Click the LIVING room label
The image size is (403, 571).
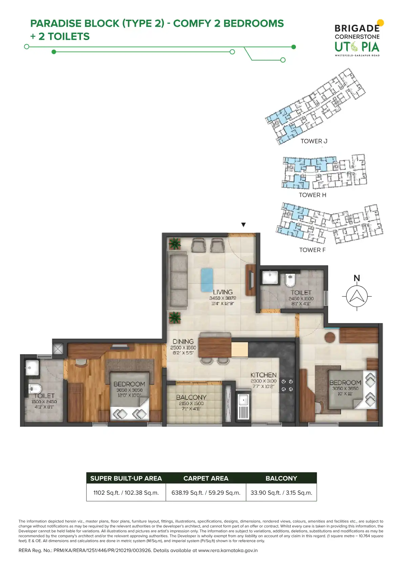tap(222, 292)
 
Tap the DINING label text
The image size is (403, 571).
tap(183, 341)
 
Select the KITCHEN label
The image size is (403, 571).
tap(263, 375)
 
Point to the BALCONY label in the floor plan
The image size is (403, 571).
tap(191, 397)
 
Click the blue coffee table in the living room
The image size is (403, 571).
tap(207, 279)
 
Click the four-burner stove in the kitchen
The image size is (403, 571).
tap(287, 385)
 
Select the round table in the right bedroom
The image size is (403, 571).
tap(330, 337)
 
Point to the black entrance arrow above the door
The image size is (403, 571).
tap(243, 225)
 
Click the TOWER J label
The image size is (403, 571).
tap(314, 141)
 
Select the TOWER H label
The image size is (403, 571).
tap(313, 195)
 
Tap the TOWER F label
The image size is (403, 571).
tap(312, 250)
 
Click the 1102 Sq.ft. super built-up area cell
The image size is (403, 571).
tap(126, 493)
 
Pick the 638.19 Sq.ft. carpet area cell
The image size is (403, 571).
tap(206, 493)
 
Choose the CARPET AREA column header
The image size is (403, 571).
tap(206, 478)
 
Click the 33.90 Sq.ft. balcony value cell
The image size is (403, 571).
tap(281, 493)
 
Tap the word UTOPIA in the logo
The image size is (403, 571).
tap(357, 47)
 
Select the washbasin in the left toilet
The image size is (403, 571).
tap(32, 367)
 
